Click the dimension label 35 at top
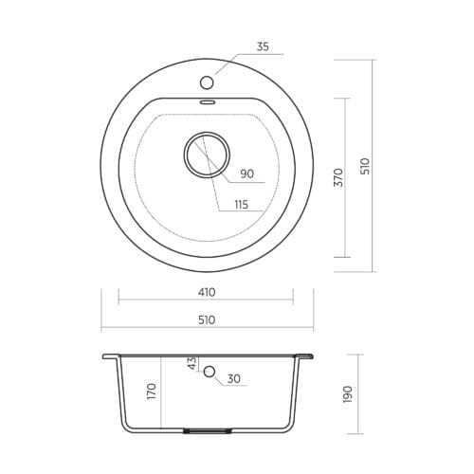263,45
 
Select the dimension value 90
247,173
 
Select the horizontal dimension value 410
206,292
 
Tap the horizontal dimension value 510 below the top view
206,319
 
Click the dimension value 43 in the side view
191,364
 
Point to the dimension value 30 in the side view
233,380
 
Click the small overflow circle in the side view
210,373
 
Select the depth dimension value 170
152,391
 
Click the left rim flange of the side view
110,357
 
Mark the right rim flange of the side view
305,357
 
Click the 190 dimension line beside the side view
358,392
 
